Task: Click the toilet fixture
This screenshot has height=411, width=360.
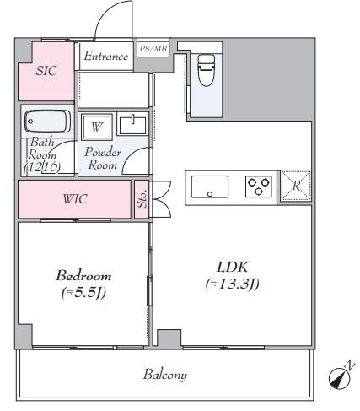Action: (207, 70)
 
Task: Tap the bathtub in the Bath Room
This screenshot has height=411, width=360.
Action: (47, 122)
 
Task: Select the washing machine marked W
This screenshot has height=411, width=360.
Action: (96, 127)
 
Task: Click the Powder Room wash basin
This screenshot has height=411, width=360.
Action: (132, 124)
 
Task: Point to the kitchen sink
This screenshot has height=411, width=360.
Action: (210, 187)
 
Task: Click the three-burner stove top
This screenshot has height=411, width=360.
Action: (259, 187)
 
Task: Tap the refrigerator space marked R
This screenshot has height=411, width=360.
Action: (296, 186)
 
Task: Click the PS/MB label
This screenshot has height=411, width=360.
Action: (153, 49)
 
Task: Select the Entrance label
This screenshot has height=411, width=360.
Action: (106, 56)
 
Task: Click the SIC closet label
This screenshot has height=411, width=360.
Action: (46, 71)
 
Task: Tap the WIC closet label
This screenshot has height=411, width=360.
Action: (75, 199)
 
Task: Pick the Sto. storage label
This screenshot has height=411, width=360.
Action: (142, 199)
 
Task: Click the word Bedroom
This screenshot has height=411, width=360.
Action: (83, 275)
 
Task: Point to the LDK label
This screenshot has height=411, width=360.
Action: (233, 267)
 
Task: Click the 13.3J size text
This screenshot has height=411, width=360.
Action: (233, 284)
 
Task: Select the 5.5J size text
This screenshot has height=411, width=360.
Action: (83, 293)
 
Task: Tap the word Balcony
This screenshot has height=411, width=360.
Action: (165, 375)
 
